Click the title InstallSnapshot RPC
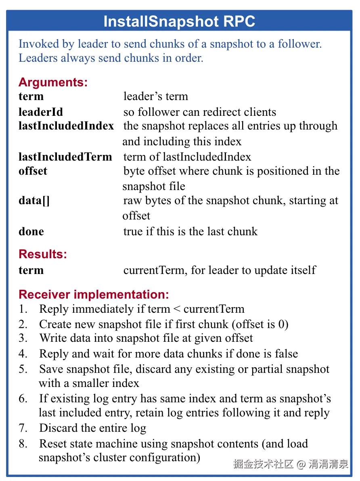tap(179, 21)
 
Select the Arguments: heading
tap(53, 82)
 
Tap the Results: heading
tap(43, 254)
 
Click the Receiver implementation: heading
tap(94, 295)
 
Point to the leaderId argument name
tap(41, 112)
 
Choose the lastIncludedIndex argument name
tap(66, 126)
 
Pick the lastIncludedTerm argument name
tap(65, 157)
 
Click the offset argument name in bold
tap(33, 171)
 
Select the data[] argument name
tap(34, 201)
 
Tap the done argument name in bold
tap(31, 232)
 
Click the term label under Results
tap(31, 270)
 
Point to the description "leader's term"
tap(155, 96)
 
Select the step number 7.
tap(23, 428)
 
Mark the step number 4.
tap(23, 354)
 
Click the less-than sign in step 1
tap(177, 310)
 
